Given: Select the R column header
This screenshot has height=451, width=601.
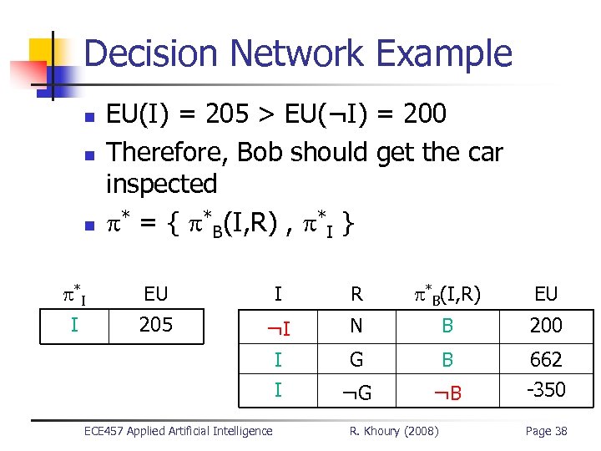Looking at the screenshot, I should pos(356,293).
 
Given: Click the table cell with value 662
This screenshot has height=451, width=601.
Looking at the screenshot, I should pos(546,360).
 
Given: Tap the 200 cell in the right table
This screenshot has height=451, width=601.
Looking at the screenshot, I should pos(546,326).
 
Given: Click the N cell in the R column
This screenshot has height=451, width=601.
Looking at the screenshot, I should pos(356,326).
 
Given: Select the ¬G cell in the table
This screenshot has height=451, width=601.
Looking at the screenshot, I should pos(356,391).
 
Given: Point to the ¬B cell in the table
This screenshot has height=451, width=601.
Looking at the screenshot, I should pos(448,391).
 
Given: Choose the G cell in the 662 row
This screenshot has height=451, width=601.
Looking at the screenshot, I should pos(356,360).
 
